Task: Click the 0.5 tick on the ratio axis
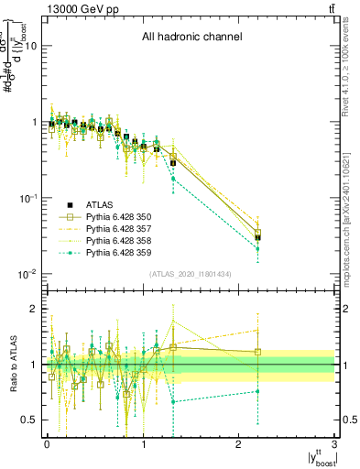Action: (28, 420)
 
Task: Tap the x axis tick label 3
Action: (334, 446)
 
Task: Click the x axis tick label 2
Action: (239, 446)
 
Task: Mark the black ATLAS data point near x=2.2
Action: (258, 238)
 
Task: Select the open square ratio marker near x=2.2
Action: (258, 352)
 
